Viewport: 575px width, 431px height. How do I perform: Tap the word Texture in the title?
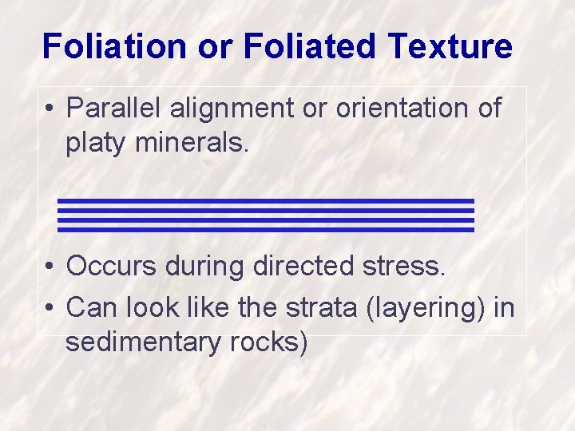pos(451,46)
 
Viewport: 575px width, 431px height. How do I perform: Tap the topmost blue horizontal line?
pos(266,201)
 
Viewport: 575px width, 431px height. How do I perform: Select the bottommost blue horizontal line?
pos(266,230)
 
